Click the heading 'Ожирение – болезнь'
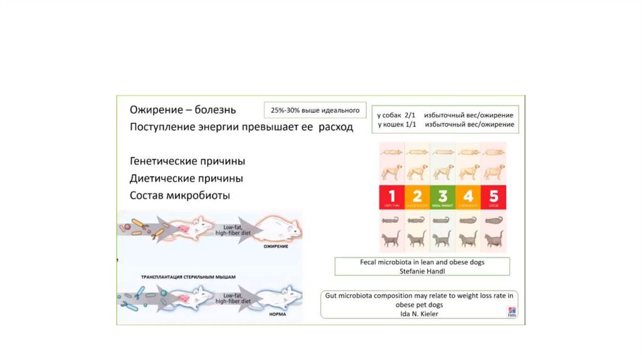coord(182,110)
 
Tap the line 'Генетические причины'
coord(187,161)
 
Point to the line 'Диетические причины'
coord(186,178)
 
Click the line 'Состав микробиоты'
coord(179,195)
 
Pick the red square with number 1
coord(391,197)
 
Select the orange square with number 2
coord(417,197)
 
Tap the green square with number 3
coord(443,197)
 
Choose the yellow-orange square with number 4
coord(468,197)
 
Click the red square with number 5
coord(493,197)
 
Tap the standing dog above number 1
coord(391,171)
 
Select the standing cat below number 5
coord(493,238)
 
